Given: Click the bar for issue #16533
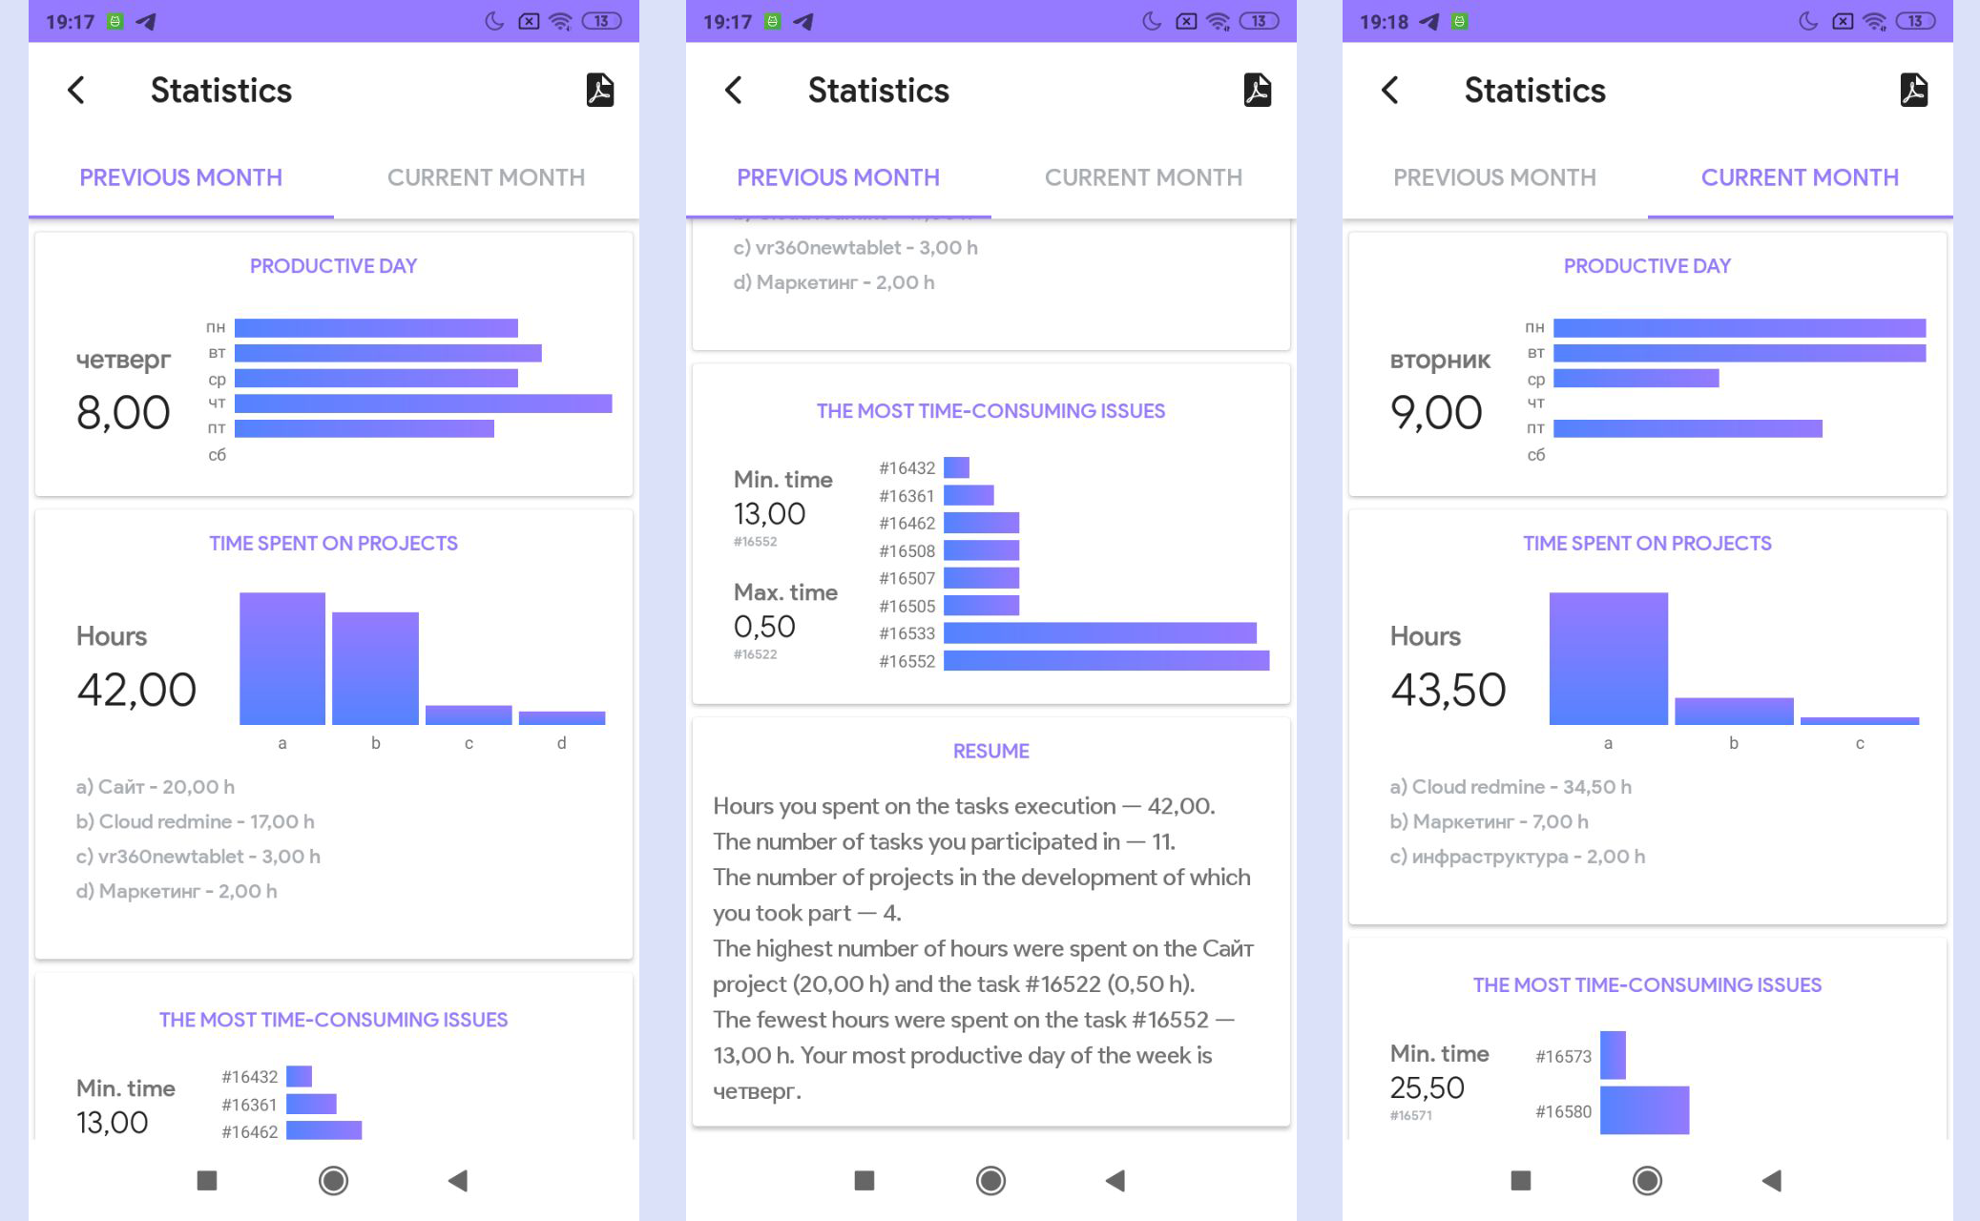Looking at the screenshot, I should [1099, 633].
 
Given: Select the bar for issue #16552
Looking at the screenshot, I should [1106, 661].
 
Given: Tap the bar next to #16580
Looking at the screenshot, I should [1644, 1110].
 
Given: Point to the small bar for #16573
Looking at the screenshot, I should [1613, 1055].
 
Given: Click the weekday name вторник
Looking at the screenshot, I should [1440, 360].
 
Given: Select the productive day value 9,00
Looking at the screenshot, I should [1436, 413].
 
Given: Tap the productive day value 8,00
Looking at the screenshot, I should [123, 413].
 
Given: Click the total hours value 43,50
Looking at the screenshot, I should [1448, 690].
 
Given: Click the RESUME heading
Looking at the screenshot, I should [990, 751].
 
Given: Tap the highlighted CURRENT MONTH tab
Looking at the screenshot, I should [1800, 177].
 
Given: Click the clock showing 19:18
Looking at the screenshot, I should [1384, 21].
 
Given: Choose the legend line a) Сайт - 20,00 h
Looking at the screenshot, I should [156, 787].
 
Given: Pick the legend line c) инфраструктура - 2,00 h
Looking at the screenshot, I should [1517, 857].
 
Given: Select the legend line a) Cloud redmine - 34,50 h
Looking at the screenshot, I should [1511, 787].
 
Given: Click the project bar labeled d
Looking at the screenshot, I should [562, 717].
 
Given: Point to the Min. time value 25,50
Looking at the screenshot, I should [1427, 1087].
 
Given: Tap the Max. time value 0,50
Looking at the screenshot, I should [764, 627].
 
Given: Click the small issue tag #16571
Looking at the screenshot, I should [1410, 1115].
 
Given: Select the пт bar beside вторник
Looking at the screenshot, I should [1687, 429].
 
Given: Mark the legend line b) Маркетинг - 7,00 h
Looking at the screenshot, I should [1489, 821].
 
